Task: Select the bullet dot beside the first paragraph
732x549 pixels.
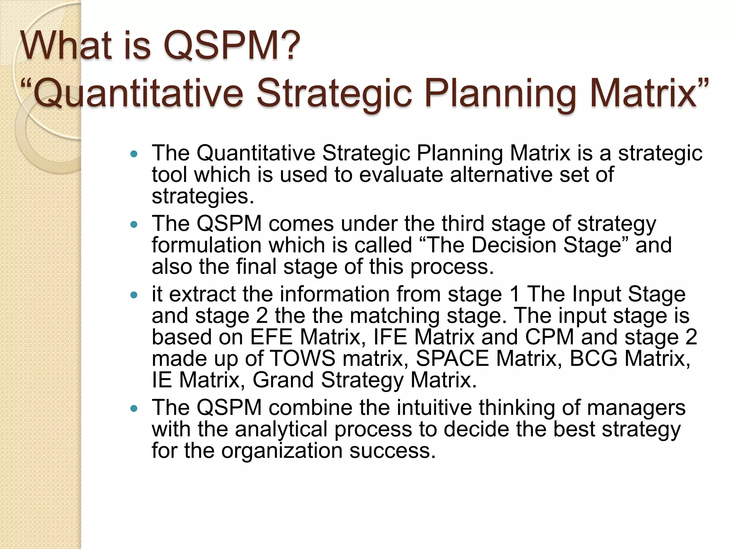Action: pos(134,154)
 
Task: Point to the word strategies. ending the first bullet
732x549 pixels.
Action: pos(203,196)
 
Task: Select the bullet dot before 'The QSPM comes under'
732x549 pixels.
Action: pos(134,225)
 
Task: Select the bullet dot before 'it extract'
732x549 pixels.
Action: pos(134,295)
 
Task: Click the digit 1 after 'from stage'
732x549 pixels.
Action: pos(515,294)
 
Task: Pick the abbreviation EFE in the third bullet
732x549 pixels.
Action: pos(271,337)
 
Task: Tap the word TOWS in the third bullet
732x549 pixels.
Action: pos(302,358)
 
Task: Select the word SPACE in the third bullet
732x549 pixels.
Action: pos(452,358)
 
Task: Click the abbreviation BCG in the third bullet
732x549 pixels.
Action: pos(593,358)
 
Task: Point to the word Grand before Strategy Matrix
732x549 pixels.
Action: pos(283,380)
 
